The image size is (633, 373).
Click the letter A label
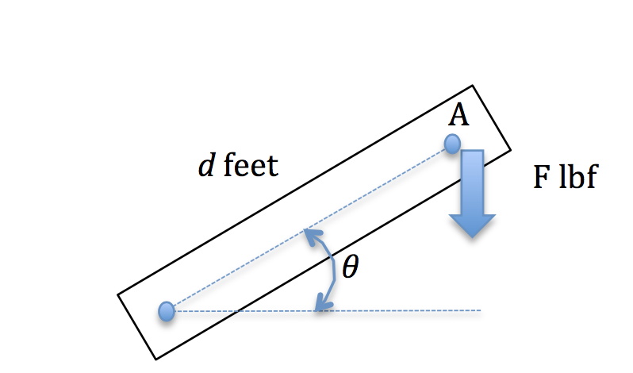click(x=458, y=116)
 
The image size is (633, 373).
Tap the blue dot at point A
click(x=452, y=144)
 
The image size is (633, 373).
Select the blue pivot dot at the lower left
click(x=166, y=311)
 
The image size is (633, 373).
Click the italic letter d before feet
click(x=205, y=167)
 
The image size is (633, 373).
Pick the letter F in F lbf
click(x=540, y=179)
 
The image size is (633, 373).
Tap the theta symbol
click(x=350, y=268)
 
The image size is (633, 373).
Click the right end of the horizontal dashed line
click(x=479, y=310)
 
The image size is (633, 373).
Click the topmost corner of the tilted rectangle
click(x=473, y=85)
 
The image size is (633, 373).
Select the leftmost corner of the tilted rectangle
click(x=118, y=295)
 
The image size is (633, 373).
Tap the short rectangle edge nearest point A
click(x=492, y=117)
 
